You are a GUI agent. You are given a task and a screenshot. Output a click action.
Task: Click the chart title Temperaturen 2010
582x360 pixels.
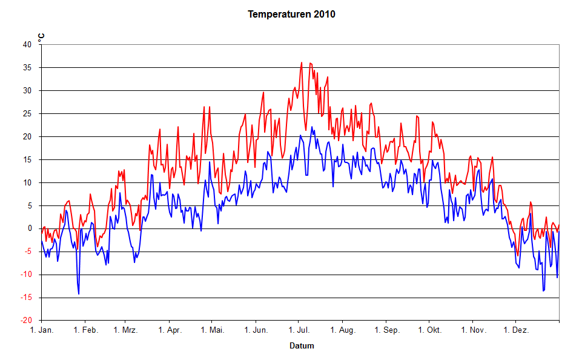click(x=291, y=14)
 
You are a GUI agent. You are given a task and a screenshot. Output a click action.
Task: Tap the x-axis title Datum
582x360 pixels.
click(x=302, y=346)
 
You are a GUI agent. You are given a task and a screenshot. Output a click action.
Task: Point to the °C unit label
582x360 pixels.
click(x=41, y=38)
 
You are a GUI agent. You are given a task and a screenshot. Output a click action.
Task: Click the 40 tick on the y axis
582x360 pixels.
click(x=27, y=44)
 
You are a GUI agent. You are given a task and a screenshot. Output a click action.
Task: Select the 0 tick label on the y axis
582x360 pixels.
click(x=29, y=228)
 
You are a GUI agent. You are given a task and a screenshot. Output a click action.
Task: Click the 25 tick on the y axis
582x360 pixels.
click(x=27, y=113)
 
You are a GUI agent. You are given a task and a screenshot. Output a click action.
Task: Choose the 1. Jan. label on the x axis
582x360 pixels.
click(x=41, y=330)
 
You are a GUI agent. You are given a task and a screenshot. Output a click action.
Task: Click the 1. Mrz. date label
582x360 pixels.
click(x=125, y=330)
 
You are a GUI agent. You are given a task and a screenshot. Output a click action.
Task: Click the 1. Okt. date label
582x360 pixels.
click(x=428, y=330)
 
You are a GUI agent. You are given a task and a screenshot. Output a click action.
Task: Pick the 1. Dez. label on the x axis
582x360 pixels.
click(x=516, y=330)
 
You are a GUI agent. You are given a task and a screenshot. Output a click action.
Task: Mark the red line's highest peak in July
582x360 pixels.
click(x=302, y=62)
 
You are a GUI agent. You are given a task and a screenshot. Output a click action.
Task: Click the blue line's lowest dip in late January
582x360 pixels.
click(x=79, y=294)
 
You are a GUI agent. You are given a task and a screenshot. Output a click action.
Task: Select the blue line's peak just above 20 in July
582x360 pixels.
click(x=312, y=127)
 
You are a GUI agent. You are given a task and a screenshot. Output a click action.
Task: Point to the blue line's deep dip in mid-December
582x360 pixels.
click(x=543, y=291)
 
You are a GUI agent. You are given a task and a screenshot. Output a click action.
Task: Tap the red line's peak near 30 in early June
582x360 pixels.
click(x=263, y=92)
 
